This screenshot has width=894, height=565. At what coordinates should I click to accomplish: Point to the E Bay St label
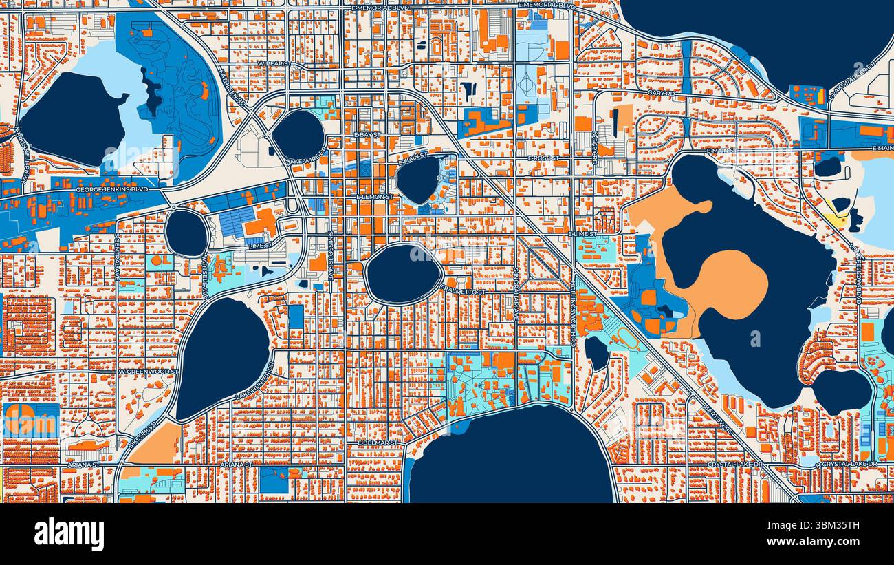pos(368,135)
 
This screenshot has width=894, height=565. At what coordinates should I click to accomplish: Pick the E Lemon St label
pos(374,197)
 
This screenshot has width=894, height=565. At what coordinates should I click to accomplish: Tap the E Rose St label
pos(544,158)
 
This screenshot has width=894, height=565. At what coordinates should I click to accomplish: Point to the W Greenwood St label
pos(149,372)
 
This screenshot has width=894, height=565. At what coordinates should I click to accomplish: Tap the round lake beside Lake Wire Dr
pos(298,134)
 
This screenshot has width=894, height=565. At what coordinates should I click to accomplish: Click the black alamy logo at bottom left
pos(69,534)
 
